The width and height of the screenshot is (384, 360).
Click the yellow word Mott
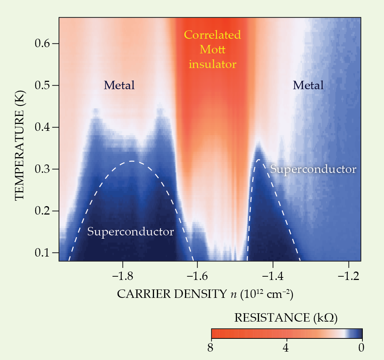click(212, 50)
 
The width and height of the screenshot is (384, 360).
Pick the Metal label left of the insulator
click(119, 86)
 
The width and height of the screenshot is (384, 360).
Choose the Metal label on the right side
click(308, 86)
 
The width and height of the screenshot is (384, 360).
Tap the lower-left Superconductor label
click(130, 232)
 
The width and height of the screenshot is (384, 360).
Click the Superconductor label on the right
click(313, 170)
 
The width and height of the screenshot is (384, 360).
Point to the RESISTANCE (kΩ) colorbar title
click(286, 318)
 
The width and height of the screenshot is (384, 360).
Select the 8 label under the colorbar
click(210, 348)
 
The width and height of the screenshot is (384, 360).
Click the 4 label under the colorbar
click(286, 348)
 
